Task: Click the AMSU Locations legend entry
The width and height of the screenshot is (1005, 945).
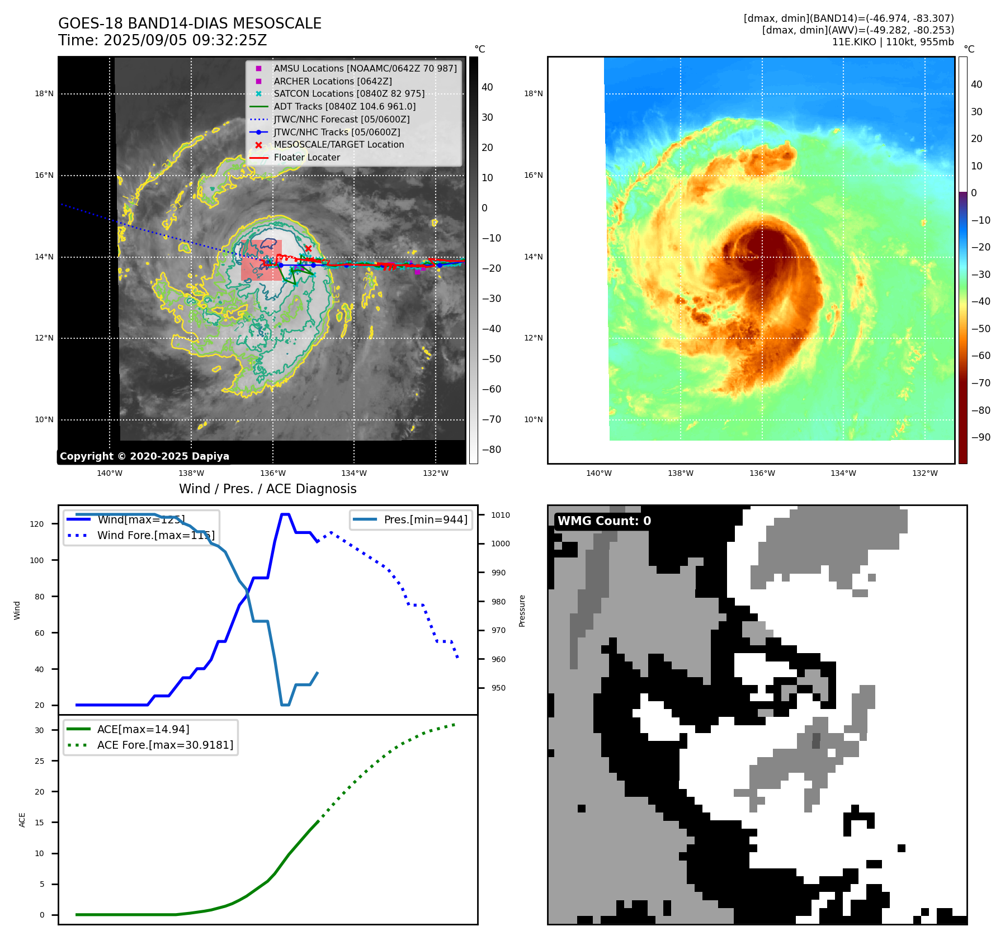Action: [365, 68]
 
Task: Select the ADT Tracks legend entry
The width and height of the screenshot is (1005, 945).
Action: [345, 106]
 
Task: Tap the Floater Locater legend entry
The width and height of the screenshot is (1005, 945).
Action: [306, 158]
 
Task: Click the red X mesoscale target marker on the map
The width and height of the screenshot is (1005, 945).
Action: [308, 248]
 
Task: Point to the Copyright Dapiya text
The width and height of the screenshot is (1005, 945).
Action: [144, 456]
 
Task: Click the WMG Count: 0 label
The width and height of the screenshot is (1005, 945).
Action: [604, 521]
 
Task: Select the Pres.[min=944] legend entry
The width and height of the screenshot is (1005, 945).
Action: [426, 519]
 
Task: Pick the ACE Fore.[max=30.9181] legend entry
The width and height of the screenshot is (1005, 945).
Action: [165, 745]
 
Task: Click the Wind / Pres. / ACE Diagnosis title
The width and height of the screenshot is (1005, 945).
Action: [267, 489]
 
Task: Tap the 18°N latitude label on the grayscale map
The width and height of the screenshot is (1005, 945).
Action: [44, 94]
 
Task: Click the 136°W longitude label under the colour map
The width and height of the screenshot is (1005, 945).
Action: [762, 473]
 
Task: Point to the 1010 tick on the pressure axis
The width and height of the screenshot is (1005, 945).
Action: [501, 515]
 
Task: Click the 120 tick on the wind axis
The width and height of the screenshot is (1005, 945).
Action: [37, 524]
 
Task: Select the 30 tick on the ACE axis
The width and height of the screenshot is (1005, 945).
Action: [39, 730]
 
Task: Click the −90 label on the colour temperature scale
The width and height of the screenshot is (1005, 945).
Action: [980, 437]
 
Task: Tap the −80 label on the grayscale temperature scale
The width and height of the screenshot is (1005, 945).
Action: [492, 450]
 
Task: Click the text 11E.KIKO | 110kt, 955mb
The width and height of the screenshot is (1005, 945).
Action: [893, 42]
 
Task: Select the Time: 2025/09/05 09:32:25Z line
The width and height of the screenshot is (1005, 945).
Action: [162, 41]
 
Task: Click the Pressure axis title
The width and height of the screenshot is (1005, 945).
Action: [522, 611]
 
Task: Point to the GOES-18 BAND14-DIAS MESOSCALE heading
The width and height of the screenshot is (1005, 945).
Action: [190, 23]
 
